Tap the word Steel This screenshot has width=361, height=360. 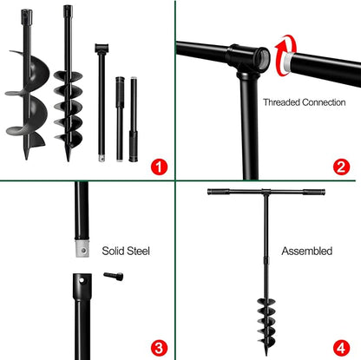click(x=139, y=251)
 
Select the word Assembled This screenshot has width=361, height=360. click(x=306, y=251)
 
